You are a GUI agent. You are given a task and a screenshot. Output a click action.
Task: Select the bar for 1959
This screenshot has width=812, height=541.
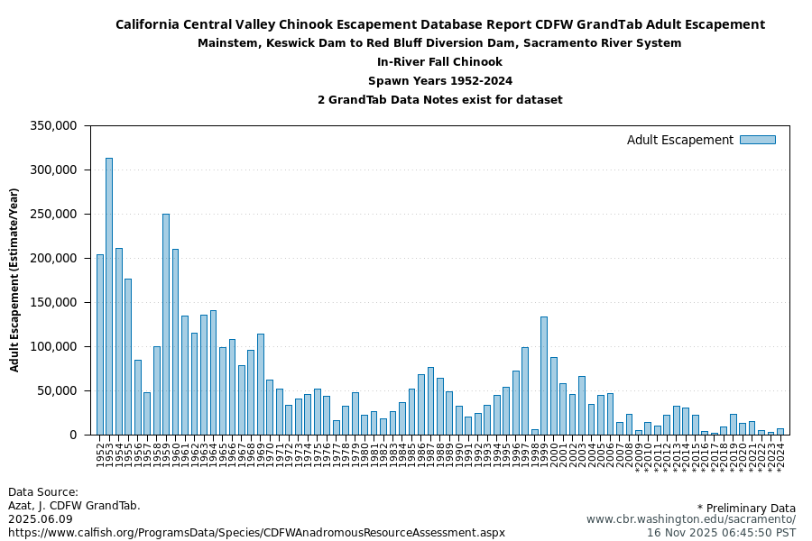point(166,324)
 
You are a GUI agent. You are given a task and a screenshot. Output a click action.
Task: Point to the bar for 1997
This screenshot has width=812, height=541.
point(525,390)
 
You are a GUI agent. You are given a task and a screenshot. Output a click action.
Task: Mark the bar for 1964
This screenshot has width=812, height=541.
point(213,372)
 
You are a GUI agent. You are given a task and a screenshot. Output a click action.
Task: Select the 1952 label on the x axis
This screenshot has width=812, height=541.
point(99,448)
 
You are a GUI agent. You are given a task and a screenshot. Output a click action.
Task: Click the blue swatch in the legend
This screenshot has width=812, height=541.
point(757,140)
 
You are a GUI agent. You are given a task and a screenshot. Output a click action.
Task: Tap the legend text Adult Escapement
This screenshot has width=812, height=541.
point(679,140)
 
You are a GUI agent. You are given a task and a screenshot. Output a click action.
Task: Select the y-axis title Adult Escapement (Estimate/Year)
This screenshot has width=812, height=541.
point(14,280)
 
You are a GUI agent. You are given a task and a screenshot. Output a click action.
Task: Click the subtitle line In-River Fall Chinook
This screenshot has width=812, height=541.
point(439,62)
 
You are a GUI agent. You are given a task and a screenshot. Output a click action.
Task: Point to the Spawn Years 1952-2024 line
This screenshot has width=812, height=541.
point(439,81)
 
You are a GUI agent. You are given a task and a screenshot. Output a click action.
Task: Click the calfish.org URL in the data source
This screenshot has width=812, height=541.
point(256,532)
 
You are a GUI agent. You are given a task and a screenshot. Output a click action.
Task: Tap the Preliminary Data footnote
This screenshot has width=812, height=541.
point(746,508)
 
